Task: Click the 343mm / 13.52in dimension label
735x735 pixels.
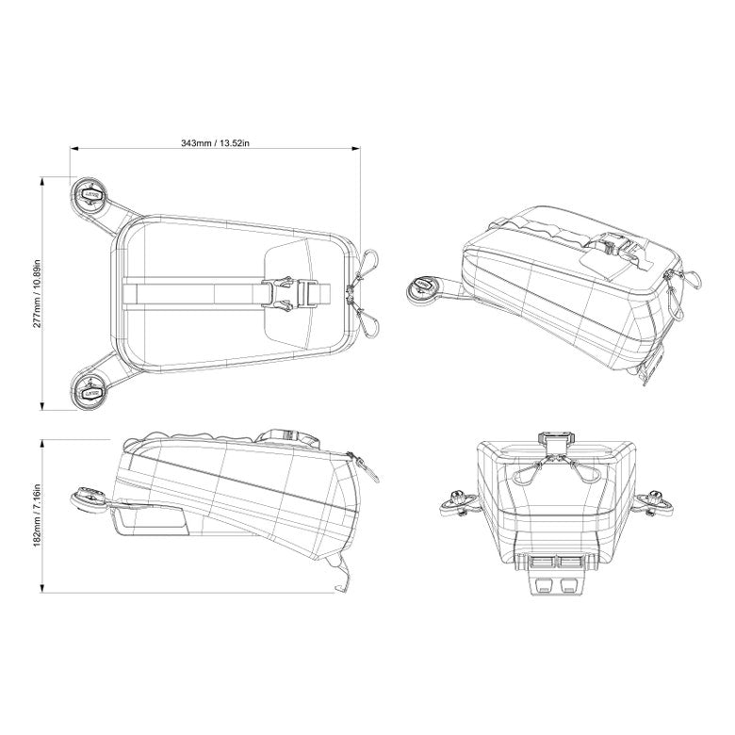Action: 214,142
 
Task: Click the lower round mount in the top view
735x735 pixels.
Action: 91,389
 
